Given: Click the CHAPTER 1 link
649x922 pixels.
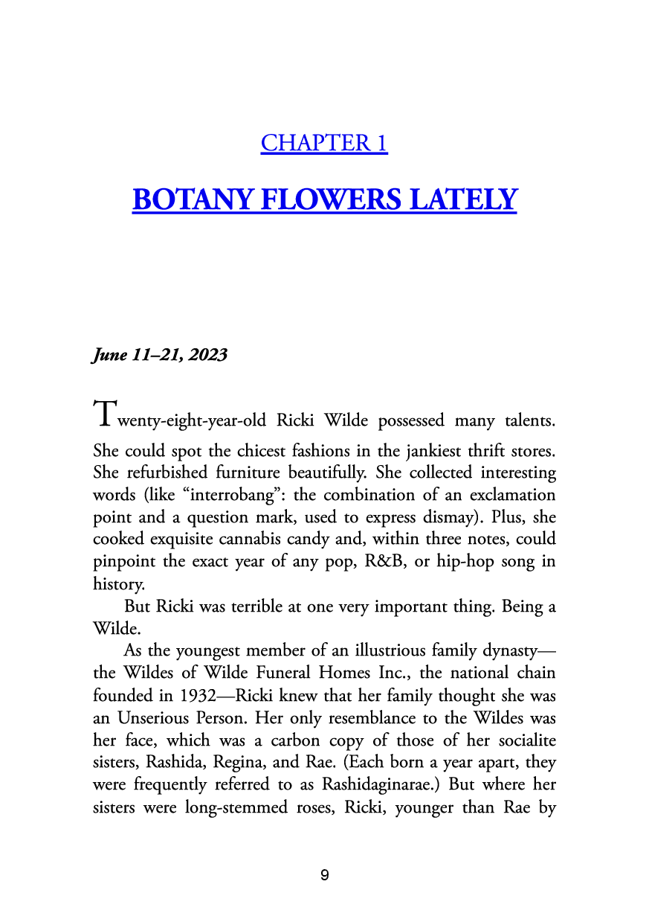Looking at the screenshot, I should (x=324, y=143).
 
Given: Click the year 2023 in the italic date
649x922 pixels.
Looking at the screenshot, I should (x=207, y=355).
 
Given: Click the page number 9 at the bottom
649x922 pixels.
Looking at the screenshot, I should (x=324, y=875).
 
